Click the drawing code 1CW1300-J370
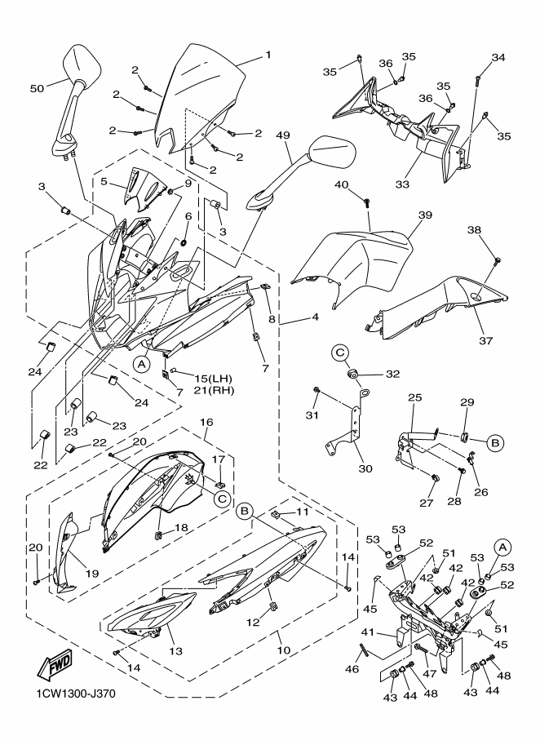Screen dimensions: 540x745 (x=76, y=694)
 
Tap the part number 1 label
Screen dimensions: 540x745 (x=268, y=55)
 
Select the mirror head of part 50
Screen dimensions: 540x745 (x=82, y=64)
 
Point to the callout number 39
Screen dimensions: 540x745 (x=425, y=215)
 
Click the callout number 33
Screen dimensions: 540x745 (x=402, y=184)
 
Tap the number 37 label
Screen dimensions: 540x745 (x=486, y=340)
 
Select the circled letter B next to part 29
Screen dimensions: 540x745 (x=495, y=443)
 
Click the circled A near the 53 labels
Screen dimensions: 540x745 (x=502, y=548)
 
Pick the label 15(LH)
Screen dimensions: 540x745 (x=213, y=379)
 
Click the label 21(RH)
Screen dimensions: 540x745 (x=215, y=391)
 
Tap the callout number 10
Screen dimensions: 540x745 (x=284, y=650)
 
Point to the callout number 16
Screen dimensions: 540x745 (x=206, y=422)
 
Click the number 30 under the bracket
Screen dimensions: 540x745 (x=365, y=468)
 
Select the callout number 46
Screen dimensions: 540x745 (x=352, y=669)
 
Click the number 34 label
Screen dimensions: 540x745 (x=498, y=57)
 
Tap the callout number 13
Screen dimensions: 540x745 (x=175, y=651)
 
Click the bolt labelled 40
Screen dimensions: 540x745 (x=366, y=203)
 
